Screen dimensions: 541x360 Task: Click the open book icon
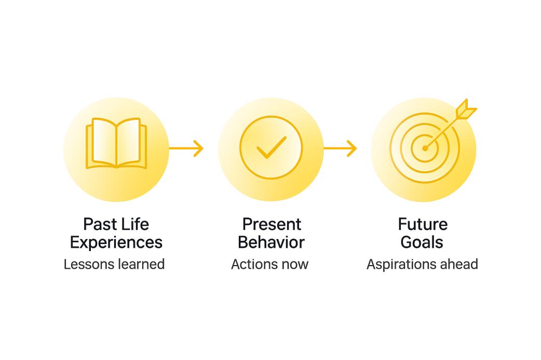tap(116, 143)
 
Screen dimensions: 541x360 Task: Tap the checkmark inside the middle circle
tap(272, 147)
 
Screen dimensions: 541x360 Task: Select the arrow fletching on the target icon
tap(466, 109)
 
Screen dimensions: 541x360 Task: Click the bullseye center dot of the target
tap(425, 148)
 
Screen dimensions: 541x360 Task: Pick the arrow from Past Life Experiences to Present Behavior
tap(186, 148)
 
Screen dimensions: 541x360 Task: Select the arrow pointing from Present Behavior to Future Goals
tap(340, 148)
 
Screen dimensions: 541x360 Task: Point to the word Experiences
tap(116, 243)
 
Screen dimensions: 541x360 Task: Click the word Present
tap(272, 225)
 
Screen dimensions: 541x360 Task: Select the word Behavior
tap(271, 242)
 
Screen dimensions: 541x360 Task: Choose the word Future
tap(423, 225)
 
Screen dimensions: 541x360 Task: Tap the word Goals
tap(422, 242)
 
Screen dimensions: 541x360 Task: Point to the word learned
tap(141, 265)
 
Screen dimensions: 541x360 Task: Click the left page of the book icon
tap(103, 142)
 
